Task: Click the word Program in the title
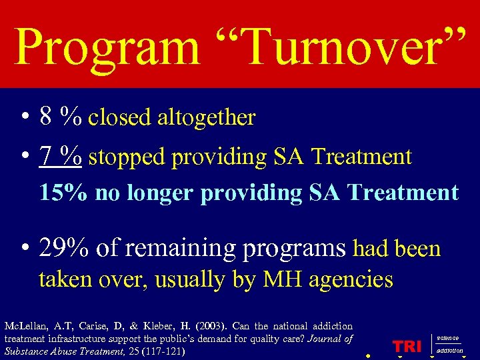tap(106, 47)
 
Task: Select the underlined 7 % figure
tap(61, 157)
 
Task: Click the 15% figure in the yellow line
tap(64, 193)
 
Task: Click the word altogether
tap(206, 118)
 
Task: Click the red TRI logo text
tap(407, 345)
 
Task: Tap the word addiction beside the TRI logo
tap(450, 350)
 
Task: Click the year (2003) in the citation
tap(213, 326)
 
